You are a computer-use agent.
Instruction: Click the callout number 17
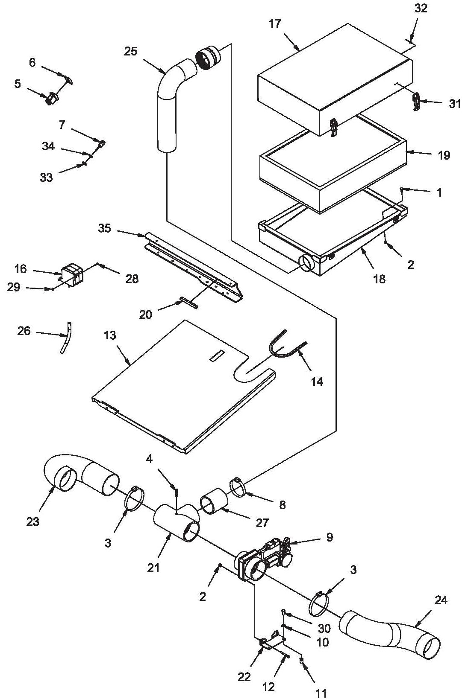point(275,24)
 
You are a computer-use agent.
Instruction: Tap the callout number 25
point(131,52)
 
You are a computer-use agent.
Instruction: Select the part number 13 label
point(110,335)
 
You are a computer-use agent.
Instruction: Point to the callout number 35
point(104,228)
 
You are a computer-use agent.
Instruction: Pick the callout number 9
point(330,537)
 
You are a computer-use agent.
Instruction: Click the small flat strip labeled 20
point(188,303)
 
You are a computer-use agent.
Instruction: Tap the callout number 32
point(421,9)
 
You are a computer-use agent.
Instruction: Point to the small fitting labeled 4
point(176,493)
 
